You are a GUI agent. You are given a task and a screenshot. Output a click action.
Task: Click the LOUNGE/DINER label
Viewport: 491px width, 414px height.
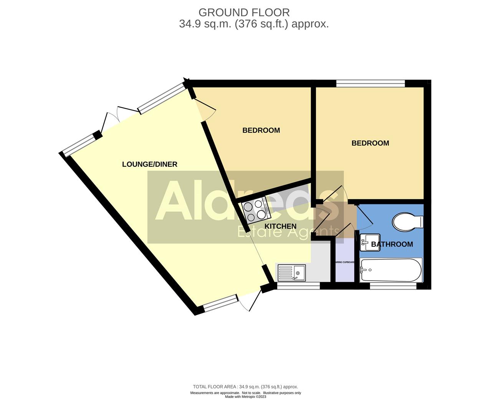pyautogui.click(x=149, y=164)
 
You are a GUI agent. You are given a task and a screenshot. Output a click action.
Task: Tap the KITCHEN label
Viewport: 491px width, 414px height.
pyautogui.click(x=280, y=226)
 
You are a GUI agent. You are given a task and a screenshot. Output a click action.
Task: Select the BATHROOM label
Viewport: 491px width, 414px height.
pyautogui.click(x=392, y=244)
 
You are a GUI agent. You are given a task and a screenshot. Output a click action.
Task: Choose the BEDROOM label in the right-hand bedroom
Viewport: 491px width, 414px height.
pyautogui.click(x=370, y=143)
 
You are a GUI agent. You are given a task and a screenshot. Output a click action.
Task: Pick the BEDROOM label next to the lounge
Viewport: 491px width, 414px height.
pyautogui.click(x=261, y=130)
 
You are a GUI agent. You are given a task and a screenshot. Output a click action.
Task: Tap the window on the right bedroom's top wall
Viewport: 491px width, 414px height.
pyautogui.click(x=370, y=83)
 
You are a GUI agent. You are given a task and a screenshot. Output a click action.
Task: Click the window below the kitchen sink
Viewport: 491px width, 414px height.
pyautogui.click(x=298, y=286)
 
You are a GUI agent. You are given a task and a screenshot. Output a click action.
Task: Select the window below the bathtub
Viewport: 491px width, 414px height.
pyautogui.click(x=393, y=286)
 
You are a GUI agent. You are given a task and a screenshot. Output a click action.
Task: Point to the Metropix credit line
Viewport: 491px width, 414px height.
pyautogui.click(x=245, y=397)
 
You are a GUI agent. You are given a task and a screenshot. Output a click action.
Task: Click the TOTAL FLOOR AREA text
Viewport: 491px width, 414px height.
pyautogui.click(x=215, y=387)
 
